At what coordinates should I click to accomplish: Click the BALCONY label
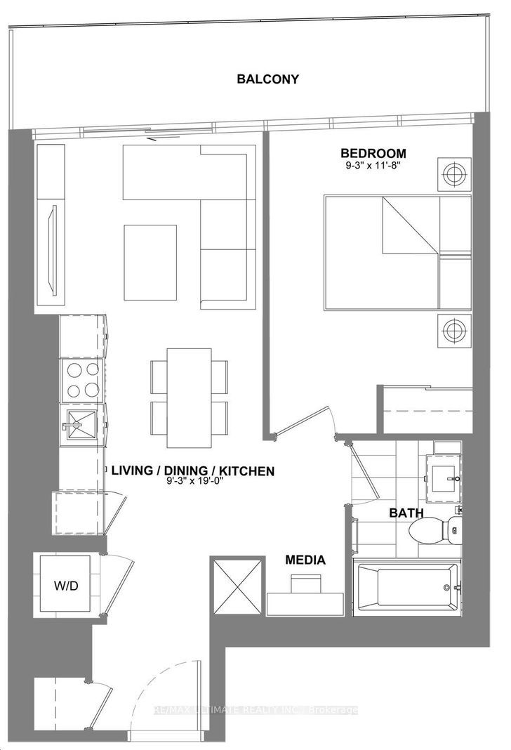coord(267,79)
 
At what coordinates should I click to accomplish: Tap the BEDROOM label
coord(373,154)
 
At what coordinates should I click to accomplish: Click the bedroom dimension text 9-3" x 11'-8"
coord(373,165)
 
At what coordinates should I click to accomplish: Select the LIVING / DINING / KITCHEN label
coord(193,471)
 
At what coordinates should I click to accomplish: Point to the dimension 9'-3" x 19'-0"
coord(193,481)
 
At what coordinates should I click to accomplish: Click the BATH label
coord(406,513)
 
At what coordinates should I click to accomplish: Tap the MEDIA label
coord(305,560)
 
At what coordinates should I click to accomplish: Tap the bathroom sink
coord(443,478)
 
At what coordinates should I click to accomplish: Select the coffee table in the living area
coord(151,262)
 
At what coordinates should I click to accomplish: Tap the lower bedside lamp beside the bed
coord(453,331)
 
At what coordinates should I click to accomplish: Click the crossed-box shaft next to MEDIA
coord(237,585)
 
